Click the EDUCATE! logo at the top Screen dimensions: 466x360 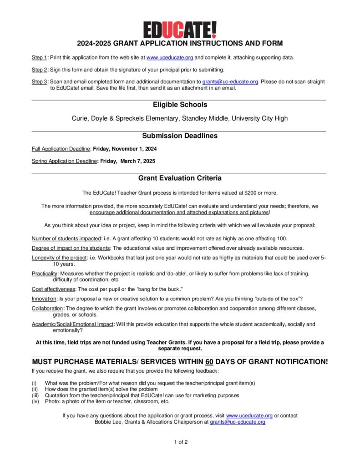point(180,30)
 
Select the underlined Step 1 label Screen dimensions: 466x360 point(39,58)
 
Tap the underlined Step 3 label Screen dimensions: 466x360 point(39,82)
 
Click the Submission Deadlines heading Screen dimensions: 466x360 point(180,136)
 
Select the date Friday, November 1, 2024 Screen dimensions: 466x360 point(125,149)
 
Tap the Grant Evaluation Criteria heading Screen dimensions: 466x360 point(180,178)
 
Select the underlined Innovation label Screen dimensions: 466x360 point(44,299)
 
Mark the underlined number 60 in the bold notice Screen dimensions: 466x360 point(209,362)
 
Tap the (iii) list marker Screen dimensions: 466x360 point(35,395)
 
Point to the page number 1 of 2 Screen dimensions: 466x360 point(181,442)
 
